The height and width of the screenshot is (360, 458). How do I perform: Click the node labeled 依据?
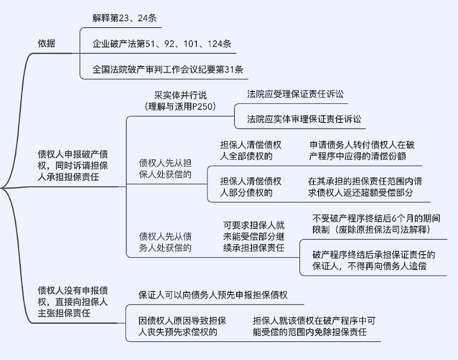(47, 44)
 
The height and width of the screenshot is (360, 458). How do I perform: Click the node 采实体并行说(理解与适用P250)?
(181, 101)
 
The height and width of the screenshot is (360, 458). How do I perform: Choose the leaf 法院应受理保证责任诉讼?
(295, 95)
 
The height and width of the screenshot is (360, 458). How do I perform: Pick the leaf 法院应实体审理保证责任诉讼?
(304, 119)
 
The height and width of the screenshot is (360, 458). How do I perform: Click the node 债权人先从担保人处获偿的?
(165, 169)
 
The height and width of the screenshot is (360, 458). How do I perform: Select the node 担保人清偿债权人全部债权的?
(250, 151)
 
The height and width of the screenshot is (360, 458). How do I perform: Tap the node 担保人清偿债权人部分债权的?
(250, 187)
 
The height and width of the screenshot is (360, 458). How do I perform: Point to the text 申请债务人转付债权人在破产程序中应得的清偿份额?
(361, 151)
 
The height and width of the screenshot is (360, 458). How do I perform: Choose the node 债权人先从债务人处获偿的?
(165, 242)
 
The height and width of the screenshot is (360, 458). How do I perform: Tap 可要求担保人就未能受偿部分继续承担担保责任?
(253, 236)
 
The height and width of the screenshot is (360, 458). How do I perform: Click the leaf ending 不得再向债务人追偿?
(374, 260)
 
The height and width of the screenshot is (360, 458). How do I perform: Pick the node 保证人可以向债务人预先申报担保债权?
(213, 295)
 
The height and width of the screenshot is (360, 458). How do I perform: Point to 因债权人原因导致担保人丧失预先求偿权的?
(182, 326)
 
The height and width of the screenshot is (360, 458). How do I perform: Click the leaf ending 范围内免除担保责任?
(313, 326)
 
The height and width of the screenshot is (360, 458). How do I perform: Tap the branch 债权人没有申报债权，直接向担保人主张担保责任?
(72, 302)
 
